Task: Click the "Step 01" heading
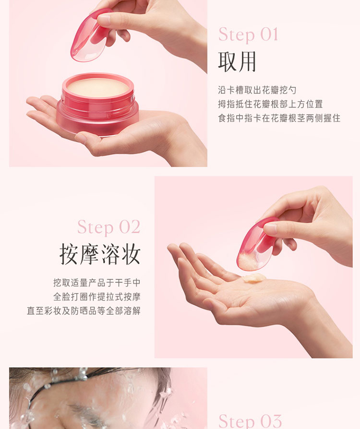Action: pyautogui.click(x=248, y=35)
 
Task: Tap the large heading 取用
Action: pyautogui.click(x=237, y=62)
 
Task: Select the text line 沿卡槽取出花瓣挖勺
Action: pyautogui.click(x=257, y=90)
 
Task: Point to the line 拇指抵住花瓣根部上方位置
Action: pyautogui.click(x=270, y=104)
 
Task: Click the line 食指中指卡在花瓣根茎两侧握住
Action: pyautogui.click(x=279, y=118)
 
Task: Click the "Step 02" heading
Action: pyautogui.click(x=109, y=227)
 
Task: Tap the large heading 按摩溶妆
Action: pyautogui.click(x=100, y=254)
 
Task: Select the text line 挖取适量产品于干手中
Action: pyautogui.click(x=97, y=283)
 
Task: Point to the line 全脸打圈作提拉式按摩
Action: pyautogui.click(x=97, y=297)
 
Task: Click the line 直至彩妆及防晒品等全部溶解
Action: pyautogui.click(x=84, y=311)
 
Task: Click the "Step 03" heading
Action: pyautogui.click(x=250, y=421)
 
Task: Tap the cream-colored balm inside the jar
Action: pyautogui.click(x=98, y=87)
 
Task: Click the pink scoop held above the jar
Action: pyautogui.click(x=91, y=35)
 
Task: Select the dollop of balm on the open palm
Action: pyautogui.click(x=254, y=278)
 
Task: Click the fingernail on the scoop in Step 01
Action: pyautogui.click(x=104, y=20)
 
